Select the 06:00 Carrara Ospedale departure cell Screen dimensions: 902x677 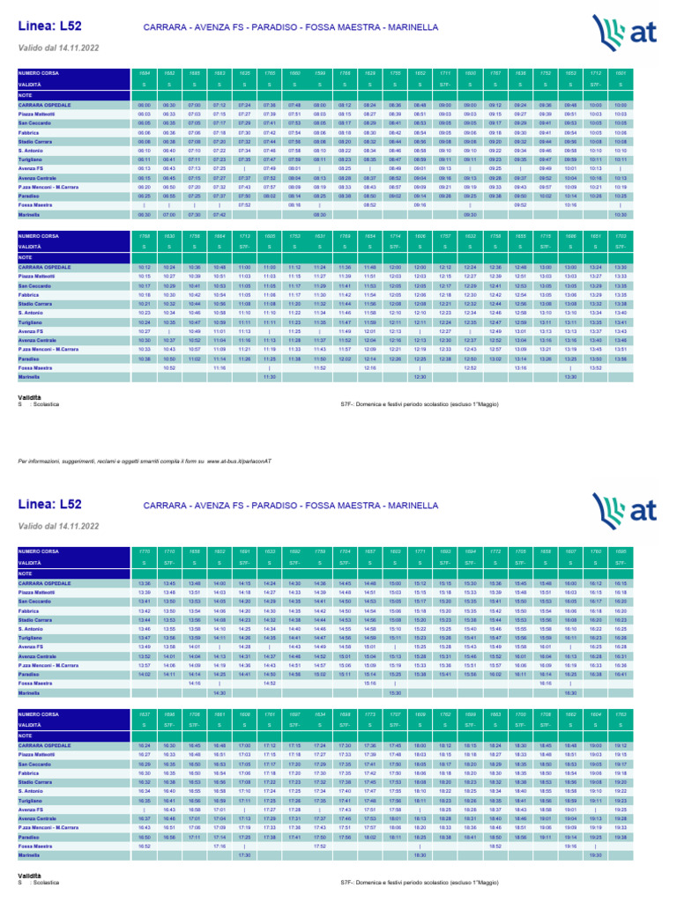pyautogui.click(x=144, y=105)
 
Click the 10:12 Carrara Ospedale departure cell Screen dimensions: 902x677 pyautogui.click(x=144, y=267)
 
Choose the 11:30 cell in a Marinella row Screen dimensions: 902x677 pyautogui.click(x=270, y=376)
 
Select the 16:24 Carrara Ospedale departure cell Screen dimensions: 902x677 pyautogui.click(x=144, y=745)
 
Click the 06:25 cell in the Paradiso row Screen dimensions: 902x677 pyautogui.click(x=144, y=196)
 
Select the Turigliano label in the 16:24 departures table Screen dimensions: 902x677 pyautogui.click(x=32, y=800)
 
